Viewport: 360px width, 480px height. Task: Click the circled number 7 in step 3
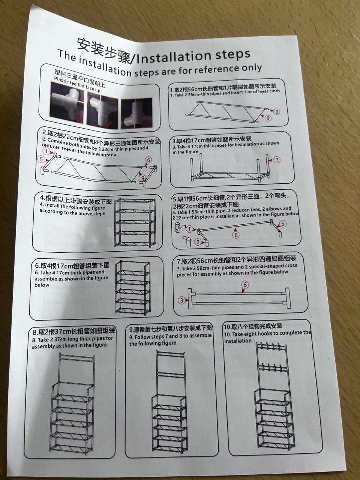click(277, 160)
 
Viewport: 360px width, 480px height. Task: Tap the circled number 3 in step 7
click(181, 300)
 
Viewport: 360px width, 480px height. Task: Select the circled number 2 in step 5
click(198, 242)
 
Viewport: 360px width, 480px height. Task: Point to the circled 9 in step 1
click(268, 118)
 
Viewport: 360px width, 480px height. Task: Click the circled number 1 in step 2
click(46, 151)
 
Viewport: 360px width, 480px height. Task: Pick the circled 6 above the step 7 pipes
click(245, 285)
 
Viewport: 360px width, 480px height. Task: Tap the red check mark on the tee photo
click(108, 125)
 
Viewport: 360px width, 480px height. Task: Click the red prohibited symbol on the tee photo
click(79, 118)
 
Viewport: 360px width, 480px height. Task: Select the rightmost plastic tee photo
click(136, 114)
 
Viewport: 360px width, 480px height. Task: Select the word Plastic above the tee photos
click(62, 81)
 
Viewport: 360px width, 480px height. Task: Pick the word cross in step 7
click(291, 265)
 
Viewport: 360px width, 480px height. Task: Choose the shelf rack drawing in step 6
click(133, 287)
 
